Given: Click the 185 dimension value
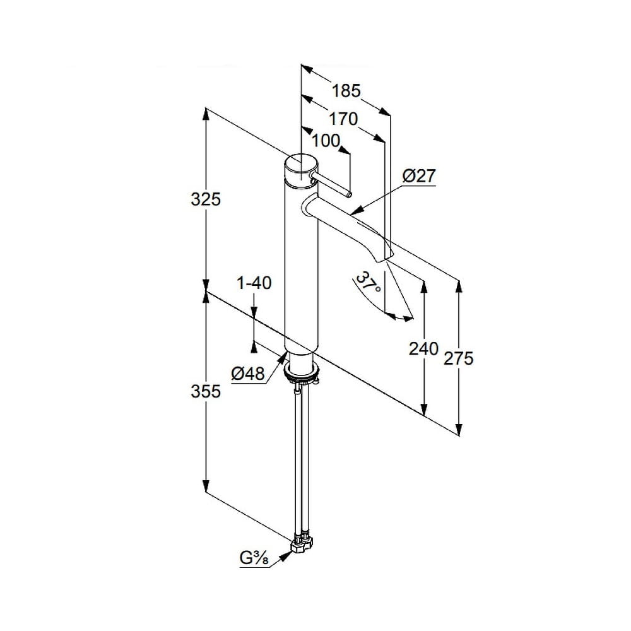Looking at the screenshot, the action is click(346, 91).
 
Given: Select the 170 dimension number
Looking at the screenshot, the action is click(343, 119).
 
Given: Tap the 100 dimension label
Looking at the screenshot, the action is click(326, 141).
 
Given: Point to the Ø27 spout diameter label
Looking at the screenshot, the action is click(419, 176).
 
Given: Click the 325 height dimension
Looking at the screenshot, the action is click(206, 199).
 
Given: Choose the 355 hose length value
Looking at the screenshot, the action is click(206, 391).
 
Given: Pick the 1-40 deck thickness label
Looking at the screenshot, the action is click(254, 283).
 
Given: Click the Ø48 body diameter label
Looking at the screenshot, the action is click(248, 374).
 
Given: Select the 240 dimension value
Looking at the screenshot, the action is click(423, 348).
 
